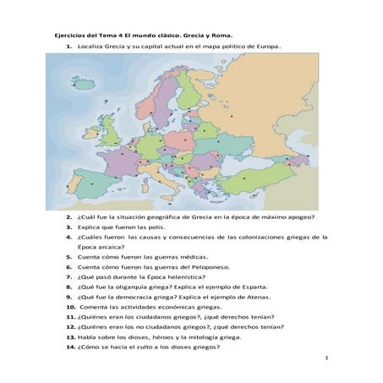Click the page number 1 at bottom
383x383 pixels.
326,359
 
